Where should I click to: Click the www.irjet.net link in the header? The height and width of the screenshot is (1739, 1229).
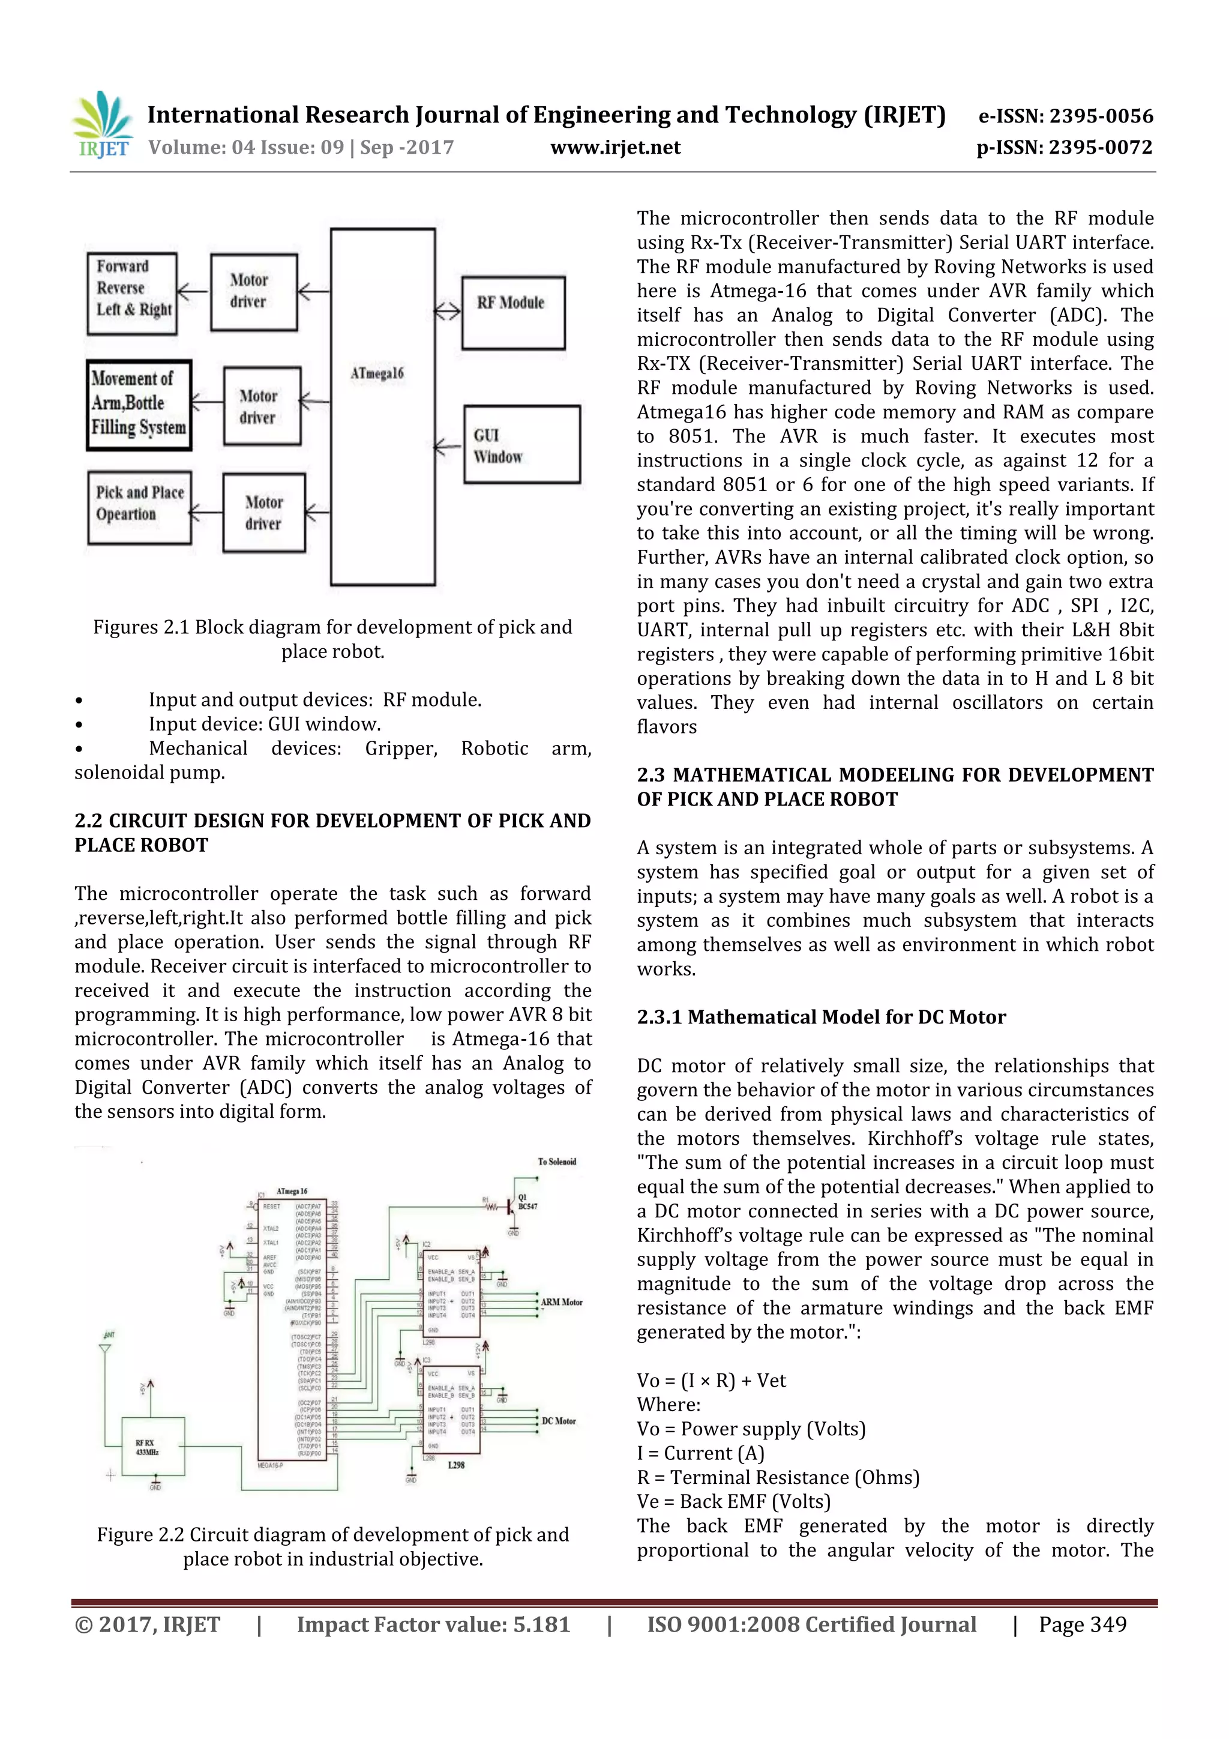point(615,148)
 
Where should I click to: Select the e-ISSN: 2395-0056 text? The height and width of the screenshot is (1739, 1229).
point(1065,116)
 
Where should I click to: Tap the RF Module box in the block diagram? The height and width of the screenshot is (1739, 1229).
point(512,312)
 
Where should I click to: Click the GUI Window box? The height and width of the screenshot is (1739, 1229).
point(521,445)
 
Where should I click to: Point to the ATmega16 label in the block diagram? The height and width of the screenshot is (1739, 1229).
point(377,373)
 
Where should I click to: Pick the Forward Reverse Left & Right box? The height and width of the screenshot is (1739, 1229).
point(133,293)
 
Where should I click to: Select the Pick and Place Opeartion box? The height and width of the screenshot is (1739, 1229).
point(139,507)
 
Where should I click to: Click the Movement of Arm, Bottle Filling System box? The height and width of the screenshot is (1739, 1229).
point(139,405)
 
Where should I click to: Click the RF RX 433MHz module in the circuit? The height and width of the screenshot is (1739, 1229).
point(153,1447)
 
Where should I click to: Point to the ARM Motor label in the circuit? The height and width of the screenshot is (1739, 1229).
point(561,1302)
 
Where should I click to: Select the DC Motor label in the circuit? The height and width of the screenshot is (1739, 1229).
point(559,1421)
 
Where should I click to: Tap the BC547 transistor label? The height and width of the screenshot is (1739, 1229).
point(528,1206)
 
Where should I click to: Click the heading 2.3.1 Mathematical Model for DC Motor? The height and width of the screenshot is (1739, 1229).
point(821,1017)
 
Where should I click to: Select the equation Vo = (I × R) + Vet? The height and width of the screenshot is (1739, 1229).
point(711,1380)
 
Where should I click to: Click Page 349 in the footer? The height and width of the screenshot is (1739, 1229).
point(1082,1624)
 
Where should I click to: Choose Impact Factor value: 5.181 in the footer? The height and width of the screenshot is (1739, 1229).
point(433,1624)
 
